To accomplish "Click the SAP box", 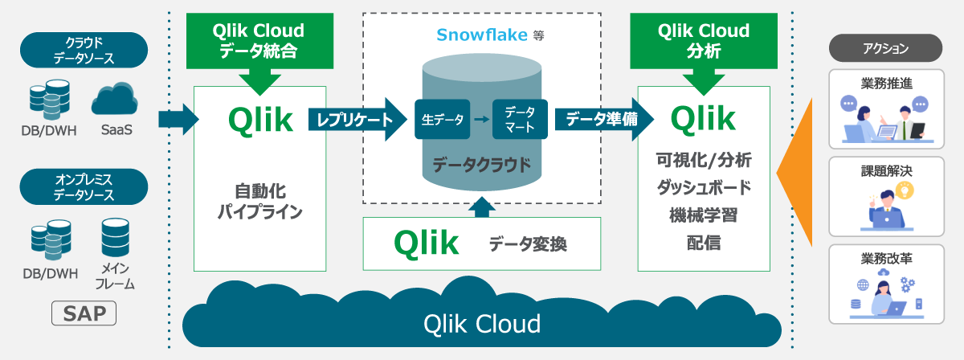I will pos(84,313).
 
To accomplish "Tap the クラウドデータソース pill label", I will pos(84,50).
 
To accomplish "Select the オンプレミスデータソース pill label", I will pos(84,186).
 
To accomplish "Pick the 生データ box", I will pos(442,120).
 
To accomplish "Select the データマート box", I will pos(520,120).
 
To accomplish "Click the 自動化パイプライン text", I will pos(259,202).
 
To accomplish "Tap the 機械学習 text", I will pos(703,215).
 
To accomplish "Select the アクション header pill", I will pos(885,48).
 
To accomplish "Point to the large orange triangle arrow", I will pos(795,173).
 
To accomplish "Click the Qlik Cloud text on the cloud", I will pos(482,324).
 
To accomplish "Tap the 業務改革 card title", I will pos(885,259).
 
